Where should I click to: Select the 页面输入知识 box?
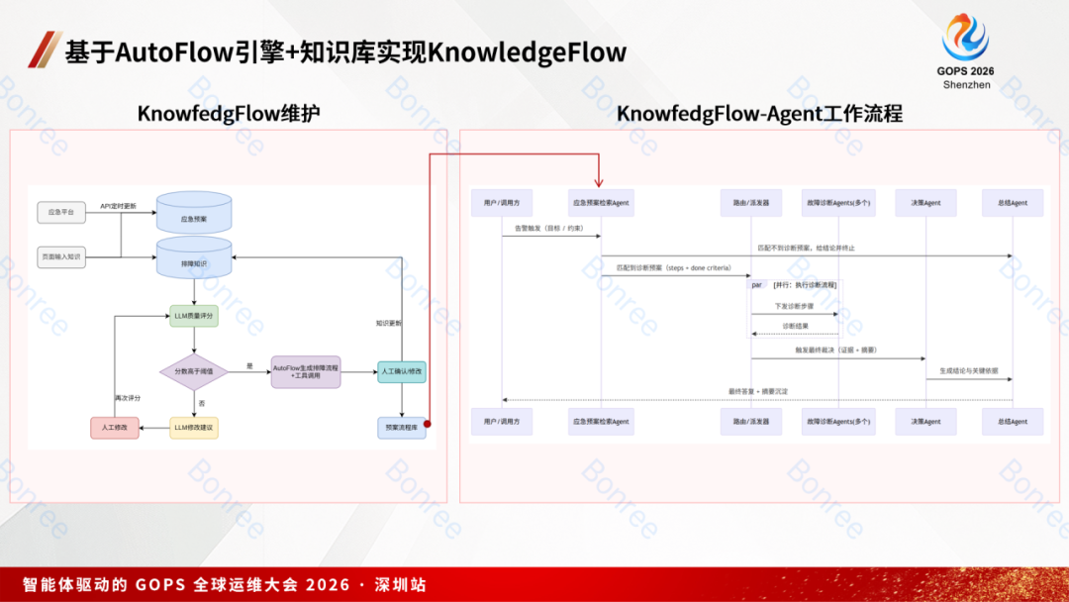coord(60,256)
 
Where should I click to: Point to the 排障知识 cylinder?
coord(194,260)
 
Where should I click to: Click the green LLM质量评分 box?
coord(194,317)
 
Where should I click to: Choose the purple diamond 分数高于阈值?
coord(194,372)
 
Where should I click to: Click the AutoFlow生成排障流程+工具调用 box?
coord(305,372)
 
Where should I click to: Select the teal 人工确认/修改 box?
coord(402,372)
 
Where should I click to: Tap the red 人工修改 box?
coord(115,428)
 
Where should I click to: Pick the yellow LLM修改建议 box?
coord(194,428)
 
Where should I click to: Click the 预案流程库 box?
coord(402,428)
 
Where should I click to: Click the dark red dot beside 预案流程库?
coord(428,424)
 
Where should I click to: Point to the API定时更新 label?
coord(119,206)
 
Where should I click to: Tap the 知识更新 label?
coord(389,323)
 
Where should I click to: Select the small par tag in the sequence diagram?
coord(757,284)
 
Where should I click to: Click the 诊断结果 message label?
coord(795,326)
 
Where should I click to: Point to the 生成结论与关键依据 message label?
coord(969,370)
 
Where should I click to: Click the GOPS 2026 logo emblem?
coord(965,38)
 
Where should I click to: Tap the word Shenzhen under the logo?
coord(966,85)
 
